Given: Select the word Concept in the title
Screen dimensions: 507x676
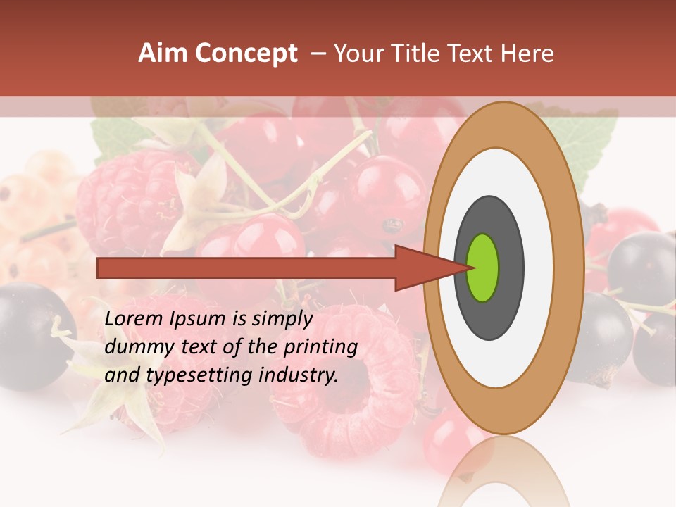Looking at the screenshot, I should point(246,54).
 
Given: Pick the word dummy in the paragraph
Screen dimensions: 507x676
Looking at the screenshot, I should point(134,347).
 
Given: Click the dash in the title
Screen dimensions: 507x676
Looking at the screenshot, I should point(318,54).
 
